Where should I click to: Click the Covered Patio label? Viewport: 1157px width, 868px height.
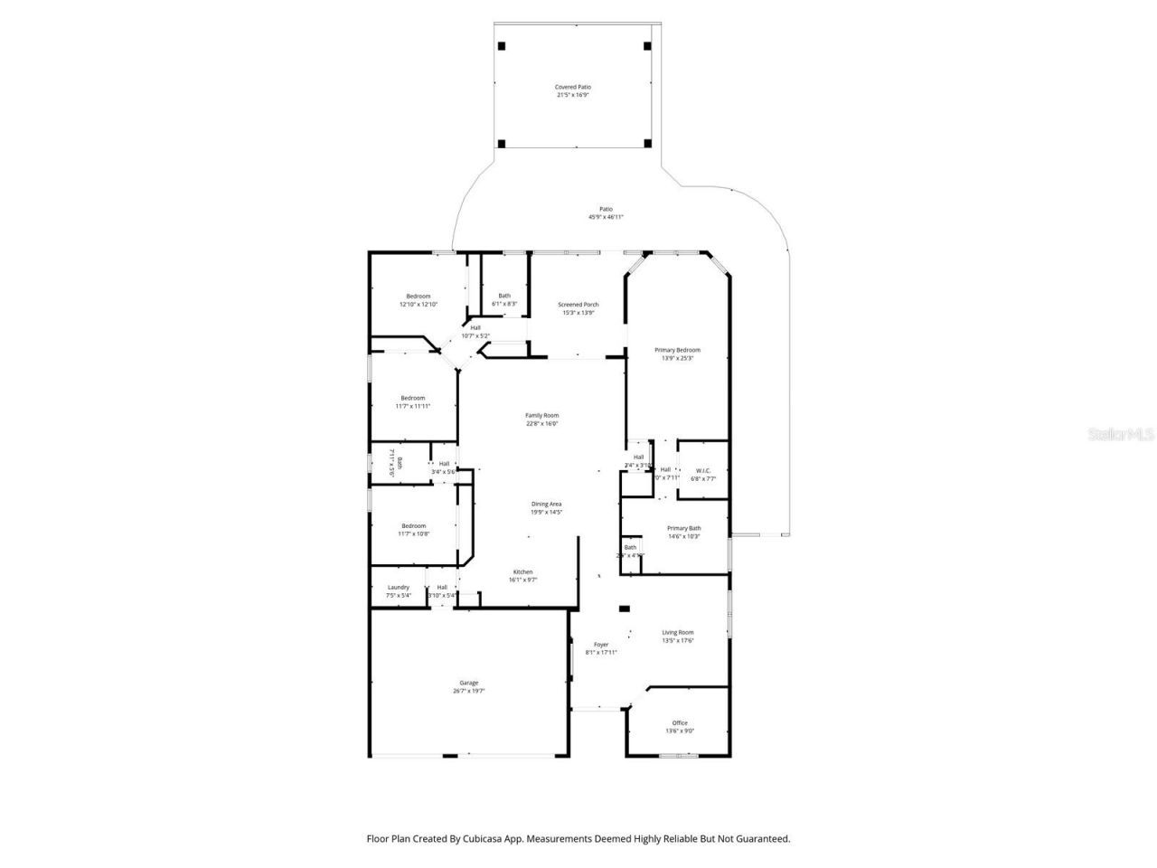pos(573,87)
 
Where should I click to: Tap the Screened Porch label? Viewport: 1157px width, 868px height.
pos(578,305)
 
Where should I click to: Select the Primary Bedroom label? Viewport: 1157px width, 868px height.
pos(677,350)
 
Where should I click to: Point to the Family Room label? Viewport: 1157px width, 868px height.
pos(541,415)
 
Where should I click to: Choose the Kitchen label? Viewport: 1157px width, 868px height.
pos(522,571)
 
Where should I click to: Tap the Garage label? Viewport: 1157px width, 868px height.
pos(468,683)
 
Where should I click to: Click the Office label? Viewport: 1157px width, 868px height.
pos(680,722)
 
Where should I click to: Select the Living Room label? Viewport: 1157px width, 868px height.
pos(677,633)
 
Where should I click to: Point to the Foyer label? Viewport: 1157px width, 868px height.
pos(600,645)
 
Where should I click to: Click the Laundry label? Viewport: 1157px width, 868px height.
pos(398,587)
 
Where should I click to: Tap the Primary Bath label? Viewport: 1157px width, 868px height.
pos(683,528)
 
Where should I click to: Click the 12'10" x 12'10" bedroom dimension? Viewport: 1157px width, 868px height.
pos(418,305)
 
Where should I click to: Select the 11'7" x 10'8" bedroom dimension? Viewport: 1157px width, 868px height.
pos(413,534)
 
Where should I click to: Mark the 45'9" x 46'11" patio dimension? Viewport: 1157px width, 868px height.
pos(606,217)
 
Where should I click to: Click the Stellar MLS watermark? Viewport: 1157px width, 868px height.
pos(1120,434)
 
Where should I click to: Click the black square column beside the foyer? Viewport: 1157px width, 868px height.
pos(624,609)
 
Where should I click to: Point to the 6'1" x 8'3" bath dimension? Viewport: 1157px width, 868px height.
pos(503,305)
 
